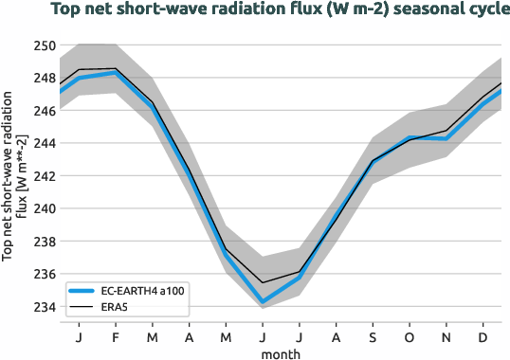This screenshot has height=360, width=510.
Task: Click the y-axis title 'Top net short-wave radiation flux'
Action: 14,176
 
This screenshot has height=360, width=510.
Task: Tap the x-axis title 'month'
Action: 281,352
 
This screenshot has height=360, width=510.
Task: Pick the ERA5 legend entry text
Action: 118,307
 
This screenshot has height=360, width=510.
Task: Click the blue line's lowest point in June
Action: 263,302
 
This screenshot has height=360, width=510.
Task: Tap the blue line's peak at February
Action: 115,73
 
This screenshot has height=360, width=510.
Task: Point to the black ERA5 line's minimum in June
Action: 263,282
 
